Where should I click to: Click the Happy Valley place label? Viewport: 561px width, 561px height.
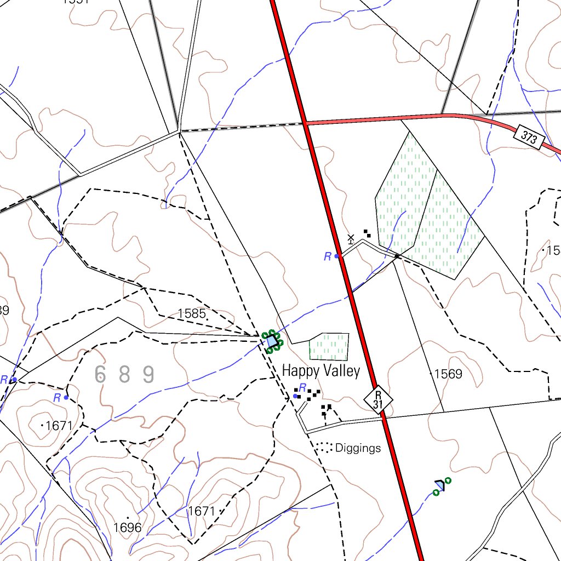coord(320,371)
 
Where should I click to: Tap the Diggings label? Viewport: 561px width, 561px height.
coord(358,448)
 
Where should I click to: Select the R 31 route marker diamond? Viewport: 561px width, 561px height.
coord(378,399)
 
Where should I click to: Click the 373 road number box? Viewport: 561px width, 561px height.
coord(529,138)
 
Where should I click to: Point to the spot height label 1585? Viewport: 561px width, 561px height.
coord(191,314)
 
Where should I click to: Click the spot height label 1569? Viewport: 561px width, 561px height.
coord(448,374)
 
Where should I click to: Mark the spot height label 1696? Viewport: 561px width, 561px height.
coord(127,528)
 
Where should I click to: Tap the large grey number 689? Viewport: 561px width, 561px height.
coord(124,375)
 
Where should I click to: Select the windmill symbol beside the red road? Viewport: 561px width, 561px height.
coord(351,238)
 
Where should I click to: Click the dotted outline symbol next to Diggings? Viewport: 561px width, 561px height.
coord(324,448)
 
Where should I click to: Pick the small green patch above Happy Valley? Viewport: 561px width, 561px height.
coord(329,346)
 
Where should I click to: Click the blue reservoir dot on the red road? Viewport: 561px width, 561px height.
coord(337,256)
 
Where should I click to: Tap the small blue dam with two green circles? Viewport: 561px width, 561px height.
coord(440,485)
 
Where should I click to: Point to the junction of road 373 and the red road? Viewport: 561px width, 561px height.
coord(305,123)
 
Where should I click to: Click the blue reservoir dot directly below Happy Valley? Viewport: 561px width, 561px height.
coord(296,396)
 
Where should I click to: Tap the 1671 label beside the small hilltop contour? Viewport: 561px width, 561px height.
coord(59,425)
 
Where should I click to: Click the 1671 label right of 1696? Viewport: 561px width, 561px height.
coord(202,511)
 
